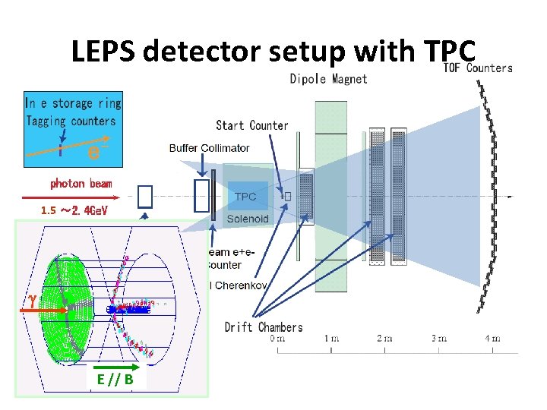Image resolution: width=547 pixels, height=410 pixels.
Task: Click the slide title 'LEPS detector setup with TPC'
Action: (273, 51)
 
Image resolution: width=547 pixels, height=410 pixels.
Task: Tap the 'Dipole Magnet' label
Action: (328, 79)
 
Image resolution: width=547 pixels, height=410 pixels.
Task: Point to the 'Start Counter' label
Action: (251, 125)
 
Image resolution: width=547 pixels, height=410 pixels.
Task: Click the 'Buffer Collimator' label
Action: (210, 148)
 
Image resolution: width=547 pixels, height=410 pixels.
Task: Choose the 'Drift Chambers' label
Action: (264, 327)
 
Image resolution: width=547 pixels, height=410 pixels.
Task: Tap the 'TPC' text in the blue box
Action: (245, 197)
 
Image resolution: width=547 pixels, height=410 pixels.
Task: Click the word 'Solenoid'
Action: (251, 219)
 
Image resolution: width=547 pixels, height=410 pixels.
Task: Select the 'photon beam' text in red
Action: (81, 184)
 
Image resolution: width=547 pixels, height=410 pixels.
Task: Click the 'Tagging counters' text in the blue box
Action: (71, 121)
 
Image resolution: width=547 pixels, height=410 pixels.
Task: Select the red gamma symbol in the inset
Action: (33, 301)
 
